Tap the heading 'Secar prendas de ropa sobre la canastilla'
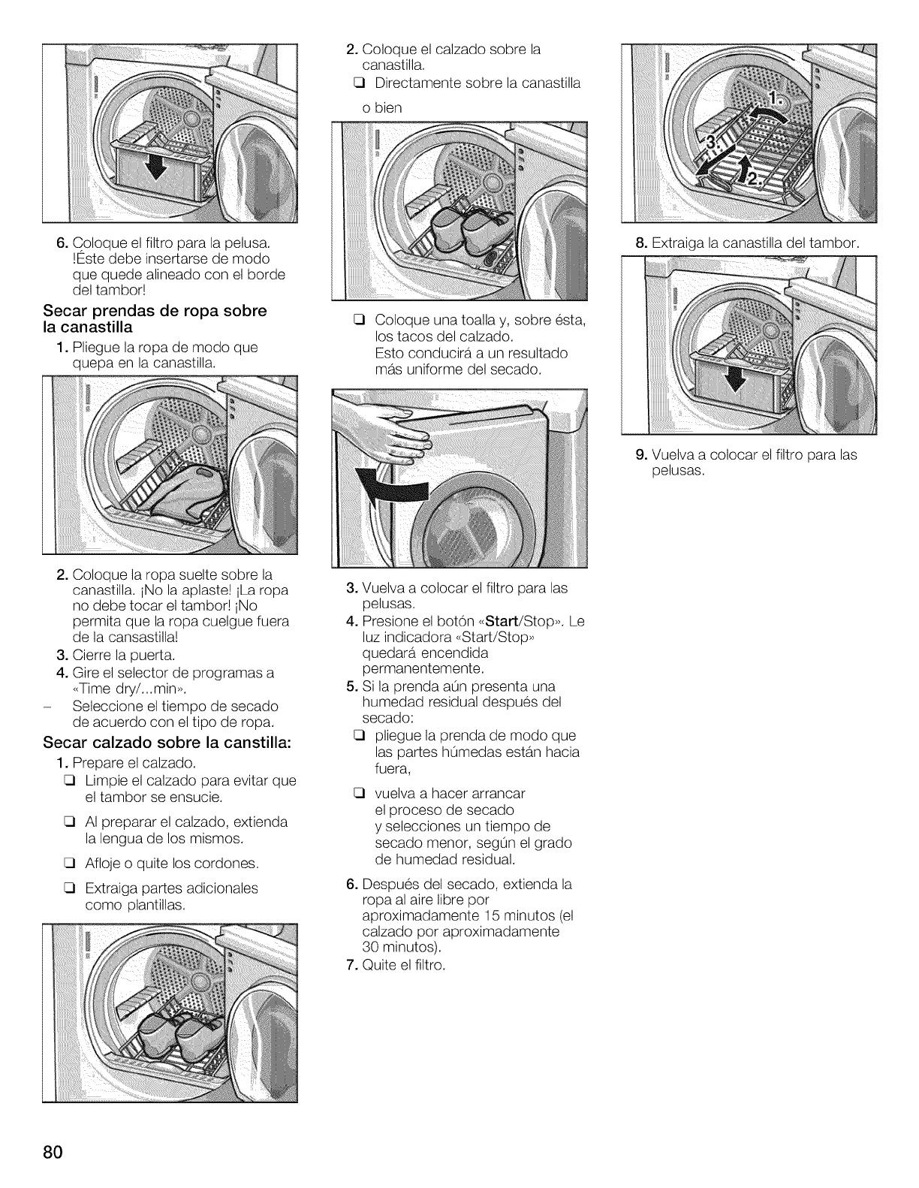click(155, 319)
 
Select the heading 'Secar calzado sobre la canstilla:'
click(167, 743)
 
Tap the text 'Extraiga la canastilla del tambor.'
click(755, 243)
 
